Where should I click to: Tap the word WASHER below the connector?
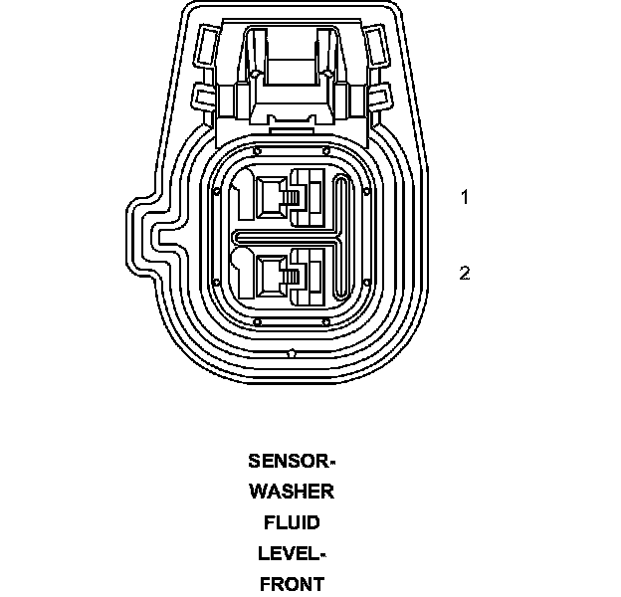[292, 492]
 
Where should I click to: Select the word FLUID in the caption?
[292, 522]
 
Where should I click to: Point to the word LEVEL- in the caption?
[292, 553]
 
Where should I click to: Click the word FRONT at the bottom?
[292, 584]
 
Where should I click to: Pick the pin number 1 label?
[464, 197]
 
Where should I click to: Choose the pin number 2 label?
[464, 273]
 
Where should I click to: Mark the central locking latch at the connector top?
[290, 70]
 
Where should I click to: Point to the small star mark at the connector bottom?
[290, 353]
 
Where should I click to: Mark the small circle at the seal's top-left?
[257, 150]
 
